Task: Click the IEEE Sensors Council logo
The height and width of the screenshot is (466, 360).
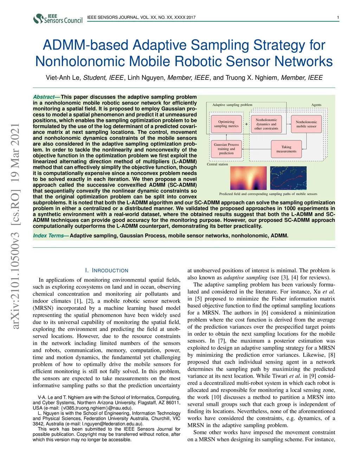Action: pyautogui.click(x=58, y=18)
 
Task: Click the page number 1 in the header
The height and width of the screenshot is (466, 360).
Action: pyautogui.click(x=338, y=18)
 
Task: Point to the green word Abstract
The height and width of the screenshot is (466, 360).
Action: pyautogui.click(x=44, y=97)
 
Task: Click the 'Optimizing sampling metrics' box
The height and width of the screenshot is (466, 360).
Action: pyautogui.click(x=226, y=124)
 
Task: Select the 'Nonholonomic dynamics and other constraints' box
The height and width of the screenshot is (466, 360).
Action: pyautogui.click(x=266, y=124)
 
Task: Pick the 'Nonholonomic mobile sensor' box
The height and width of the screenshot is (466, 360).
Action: pyautogui.click(x=306, y=124)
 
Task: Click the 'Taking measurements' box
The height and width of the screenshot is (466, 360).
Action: pyautogui.click(x=286, y=149)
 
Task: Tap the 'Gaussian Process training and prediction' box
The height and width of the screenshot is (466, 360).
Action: pyautogui.click(x=226, y=149)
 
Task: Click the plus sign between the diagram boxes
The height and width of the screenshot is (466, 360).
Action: pyautogui.click(x=246, y=124)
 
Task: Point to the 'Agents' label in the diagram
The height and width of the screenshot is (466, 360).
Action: pyautogui.click(x=316, y=105)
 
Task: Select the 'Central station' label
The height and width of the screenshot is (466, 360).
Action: pyautogui.click(x=217, y=164)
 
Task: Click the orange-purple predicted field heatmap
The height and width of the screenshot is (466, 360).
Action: pyautogui.click(x=248, y=178)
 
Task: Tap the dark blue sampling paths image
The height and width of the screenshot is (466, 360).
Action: pyautogui.click(x=288, y=178)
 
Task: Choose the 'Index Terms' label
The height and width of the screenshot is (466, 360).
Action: pyautogui.click(x=49, y=236)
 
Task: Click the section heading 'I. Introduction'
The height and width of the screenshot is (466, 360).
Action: pyautogui.click(x=107, y=270)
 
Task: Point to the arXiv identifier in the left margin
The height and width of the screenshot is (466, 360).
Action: pyautogui.click(x=15, y=227)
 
